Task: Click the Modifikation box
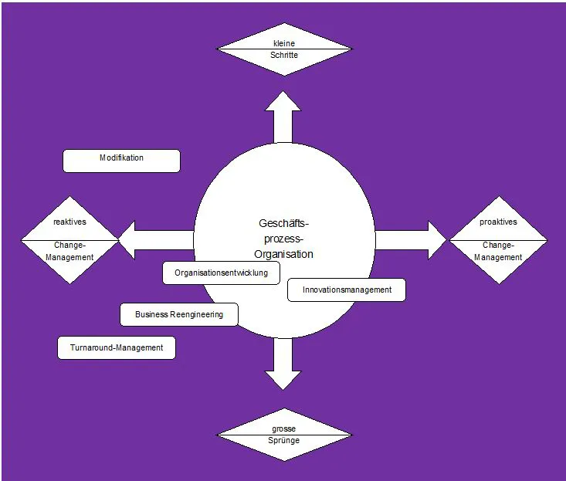click(x=121, y=161)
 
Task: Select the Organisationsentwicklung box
click(x=221, y=273)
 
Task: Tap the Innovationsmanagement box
click(x=346, y=290)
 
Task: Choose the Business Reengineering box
click(x=178, y=314)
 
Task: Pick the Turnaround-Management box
click(x=117, y=347)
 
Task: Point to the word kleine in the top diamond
click(x=284, y=43)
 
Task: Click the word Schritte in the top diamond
click(x=284, y=56)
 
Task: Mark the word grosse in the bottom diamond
click(x=284, y=428)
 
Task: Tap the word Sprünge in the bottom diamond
click(x=284, y=440)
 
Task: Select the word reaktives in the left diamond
click(x=69, y=222)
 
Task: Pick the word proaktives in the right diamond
click(x=498, y=222)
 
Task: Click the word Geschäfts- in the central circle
click(x=283, y=223)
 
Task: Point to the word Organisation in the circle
click(x=283, y=254)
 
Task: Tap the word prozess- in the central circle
click(x=283, y=239)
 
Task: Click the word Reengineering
click(x=196, y=314)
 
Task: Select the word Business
click(x=151, y=314)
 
